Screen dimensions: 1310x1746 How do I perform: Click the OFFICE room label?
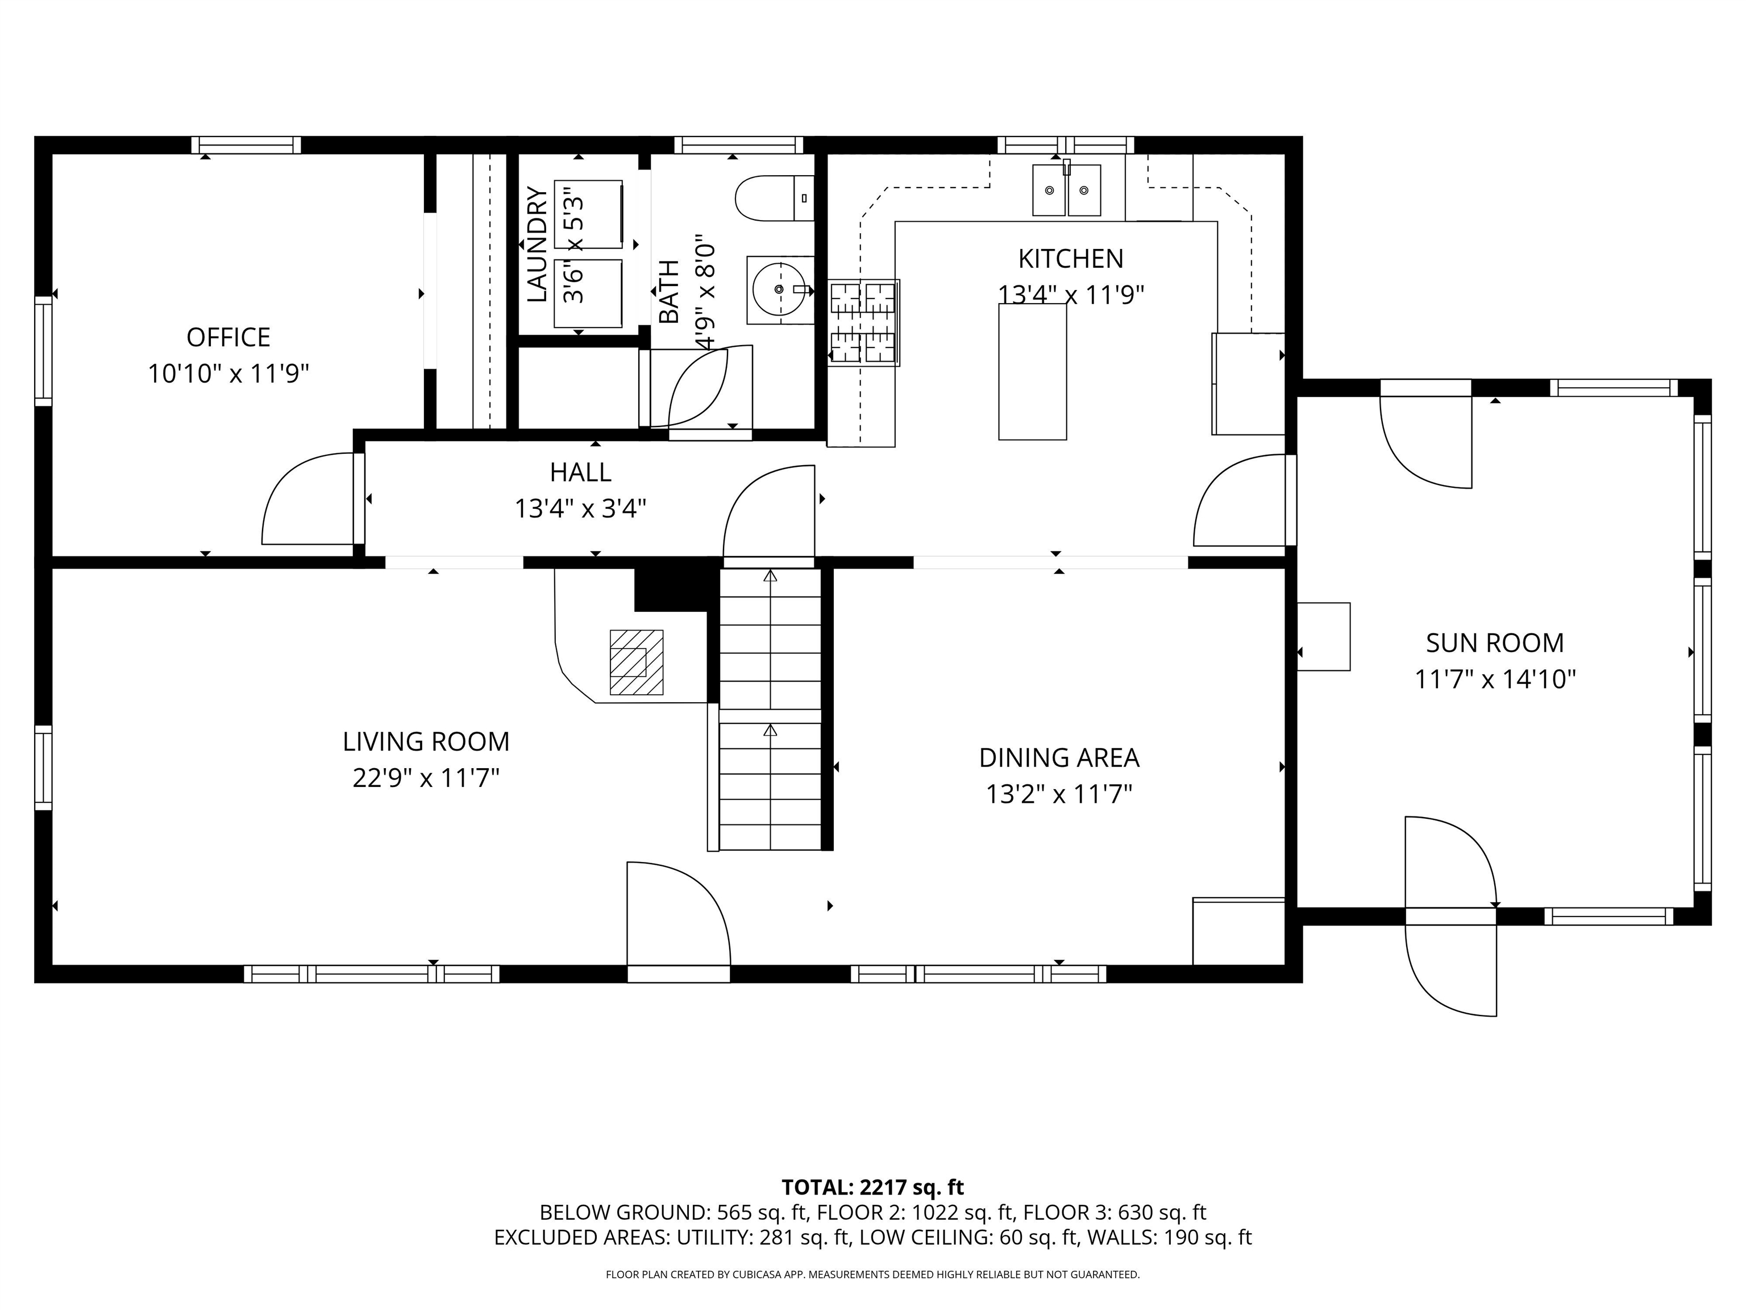point(228,337)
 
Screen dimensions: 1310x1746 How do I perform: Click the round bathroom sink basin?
point(779,290)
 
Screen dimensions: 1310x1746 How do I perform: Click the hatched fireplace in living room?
point(635,662)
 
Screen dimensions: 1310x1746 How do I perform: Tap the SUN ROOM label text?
point(1494,642)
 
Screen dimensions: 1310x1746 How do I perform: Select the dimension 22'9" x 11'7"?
point(426,778)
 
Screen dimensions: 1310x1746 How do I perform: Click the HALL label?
point(580,472)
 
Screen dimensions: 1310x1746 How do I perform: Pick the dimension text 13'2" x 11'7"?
point(1058,794)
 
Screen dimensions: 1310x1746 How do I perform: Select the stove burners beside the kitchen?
point(863,322)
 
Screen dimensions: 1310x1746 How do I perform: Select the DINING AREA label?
point(1058,757)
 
